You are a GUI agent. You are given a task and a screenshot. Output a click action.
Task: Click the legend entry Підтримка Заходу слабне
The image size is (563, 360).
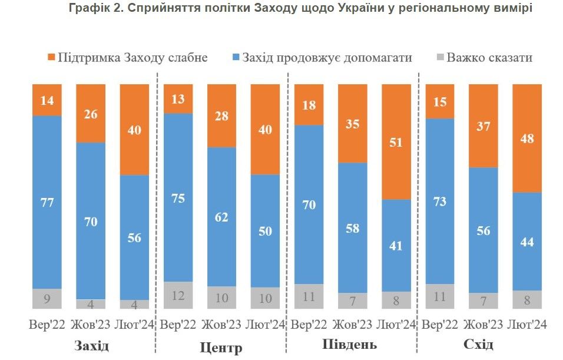127,57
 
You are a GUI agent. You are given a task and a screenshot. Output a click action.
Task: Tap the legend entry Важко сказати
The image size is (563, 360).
482,57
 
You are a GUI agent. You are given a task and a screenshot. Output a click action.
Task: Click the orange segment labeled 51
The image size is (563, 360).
396,141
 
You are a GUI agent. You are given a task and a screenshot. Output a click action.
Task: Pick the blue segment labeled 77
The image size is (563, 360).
47,202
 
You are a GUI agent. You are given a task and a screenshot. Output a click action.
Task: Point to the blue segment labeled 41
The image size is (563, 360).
396,245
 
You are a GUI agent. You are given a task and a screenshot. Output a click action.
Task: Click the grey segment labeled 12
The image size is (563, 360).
178,295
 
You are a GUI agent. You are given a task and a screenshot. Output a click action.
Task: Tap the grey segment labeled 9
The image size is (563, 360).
47,298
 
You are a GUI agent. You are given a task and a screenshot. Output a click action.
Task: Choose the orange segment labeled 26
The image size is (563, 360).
91,113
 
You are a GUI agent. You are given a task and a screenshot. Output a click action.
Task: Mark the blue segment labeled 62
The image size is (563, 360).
221,216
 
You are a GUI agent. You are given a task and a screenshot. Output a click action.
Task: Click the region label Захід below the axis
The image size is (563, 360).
91,345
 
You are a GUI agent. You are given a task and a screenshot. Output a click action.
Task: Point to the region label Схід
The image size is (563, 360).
481,344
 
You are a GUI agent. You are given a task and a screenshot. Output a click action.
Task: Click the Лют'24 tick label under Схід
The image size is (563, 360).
526,325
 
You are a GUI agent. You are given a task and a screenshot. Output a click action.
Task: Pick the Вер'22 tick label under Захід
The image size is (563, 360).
47,325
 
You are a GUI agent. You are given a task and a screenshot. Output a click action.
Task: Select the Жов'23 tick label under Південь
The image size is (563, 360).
352,325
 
